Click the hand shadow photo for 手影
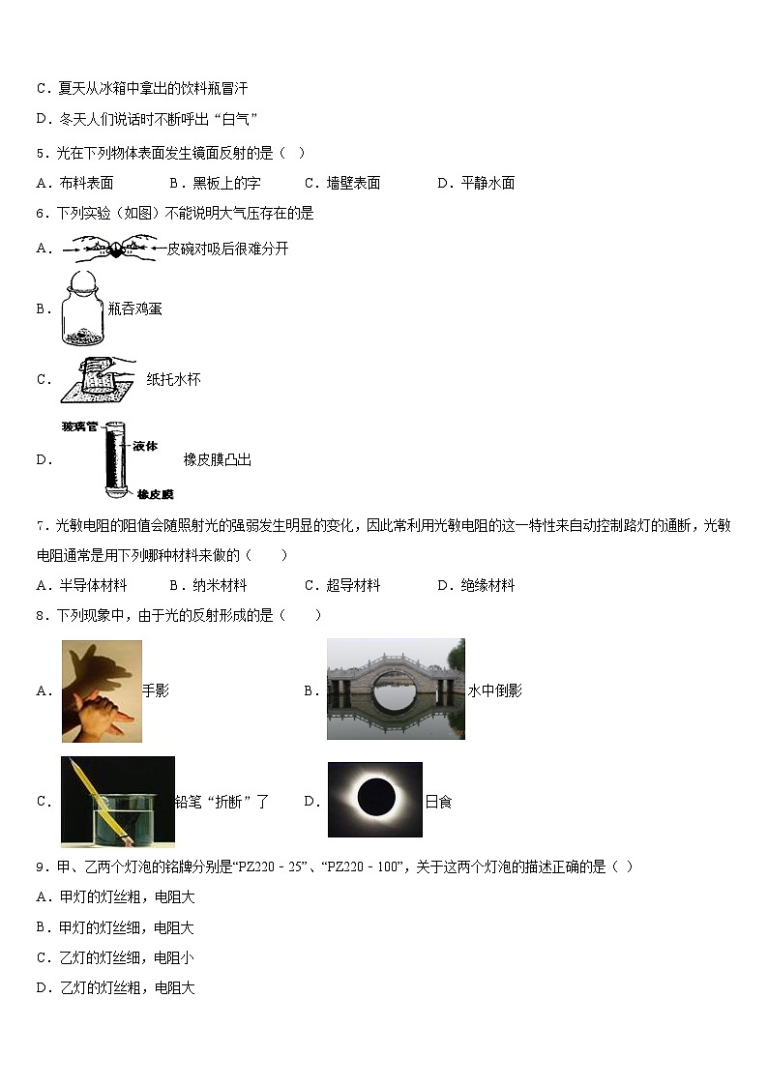[102, 690]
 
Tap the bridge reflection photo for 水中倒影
[395, 689]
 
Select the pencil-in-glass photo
[117, 801]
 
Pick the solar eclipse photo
[374, 800]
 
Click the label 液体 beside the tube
[146, 447]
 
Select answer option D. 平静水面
[475, 183]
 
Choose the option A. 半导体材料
[81, 585]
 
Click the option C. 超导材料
[342, 585]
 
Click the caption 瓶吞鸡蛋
[134, 308]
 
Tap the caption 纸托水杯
[173, 380]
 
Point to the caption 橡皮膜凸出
[217, 460]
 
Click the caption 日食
[438, 802]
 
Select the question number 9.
[41, 866]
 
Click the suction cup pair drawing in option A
[112, 249]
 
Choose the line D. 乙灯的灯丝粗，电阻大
[115, 987]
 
